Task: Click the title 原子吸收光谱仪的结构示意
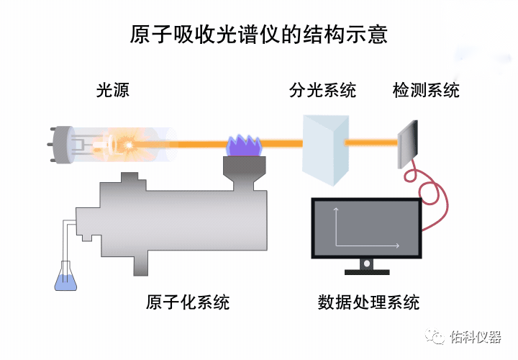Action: coord(258,35)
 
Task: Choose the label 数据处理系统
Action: coord(368,302)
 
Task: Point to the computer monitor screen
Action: coord(366,228)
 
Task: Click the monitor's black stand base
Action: coord(367,271)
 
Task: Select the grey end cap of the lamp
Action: coord(62,145)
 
